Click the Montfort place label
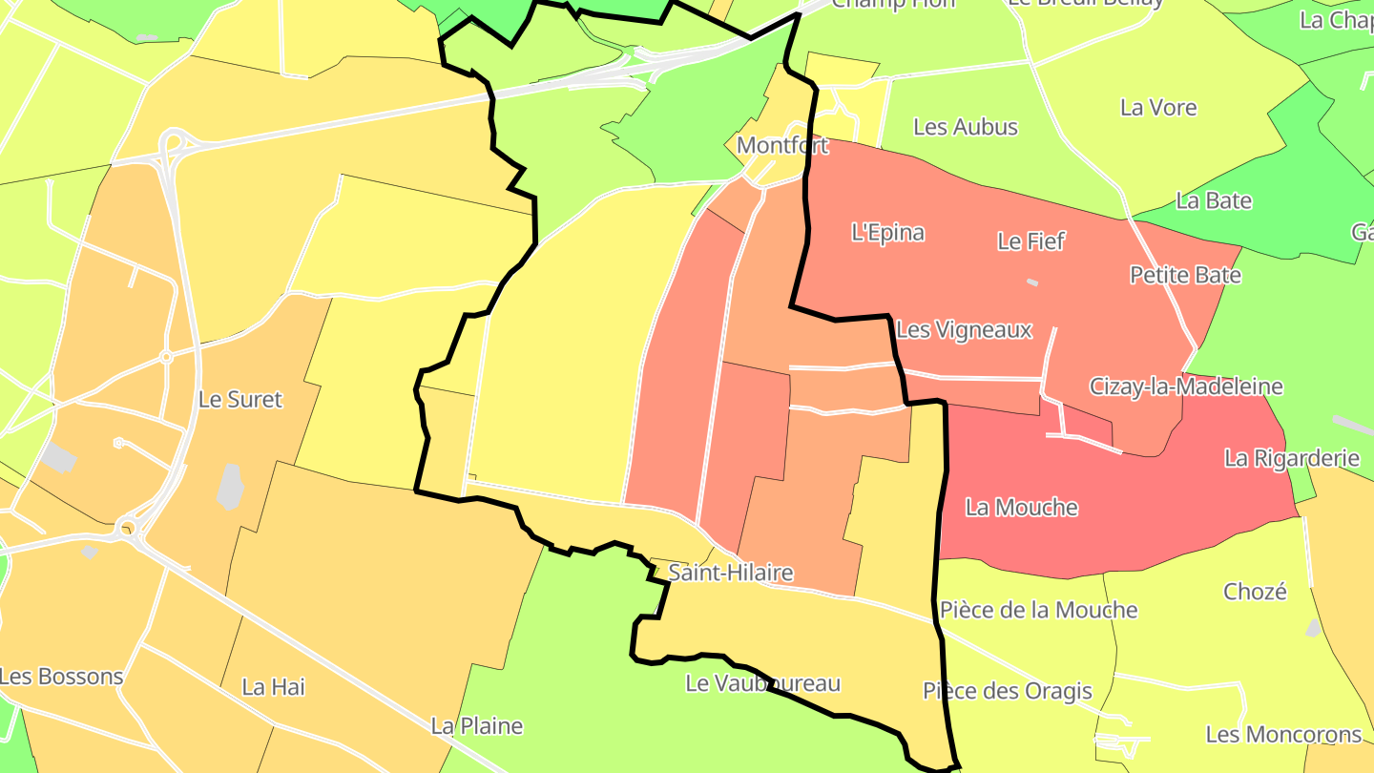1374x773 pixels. point(782,146)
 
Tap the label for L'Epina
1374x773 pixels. point(887,232)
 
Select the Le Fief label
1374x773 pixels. point(1030,241)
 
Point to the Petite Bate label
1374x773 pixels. point(1185,275)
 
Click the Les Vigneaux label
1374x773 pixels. point(964,330)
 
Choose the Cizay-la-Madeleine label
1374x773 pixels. point(1186,386)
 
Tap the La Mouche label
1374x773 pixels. point(1021,507)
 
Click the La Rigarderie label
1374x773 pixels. point(1292,458)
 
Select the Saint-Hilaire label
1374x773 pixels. point(731,573)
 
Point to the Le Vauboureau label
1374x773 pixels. point(762,683)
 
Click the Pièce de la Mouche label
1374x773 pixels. point(1038,610)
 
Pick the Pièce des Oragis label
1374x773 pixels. point(1007,691)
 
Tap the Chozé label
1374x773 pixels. point(1255,592)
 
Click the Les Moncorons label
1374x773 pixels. point(1283,735)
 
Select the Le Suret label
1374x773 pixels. point(240,399)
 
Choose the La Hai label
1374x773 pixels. point(273,686)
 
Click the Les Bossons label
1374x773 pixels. point(61,677)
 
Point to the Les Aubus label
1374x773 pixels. point(966,127)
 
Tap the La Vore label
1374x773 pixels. point(1158,108)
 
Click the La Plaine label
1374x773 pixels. point(477,726)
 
